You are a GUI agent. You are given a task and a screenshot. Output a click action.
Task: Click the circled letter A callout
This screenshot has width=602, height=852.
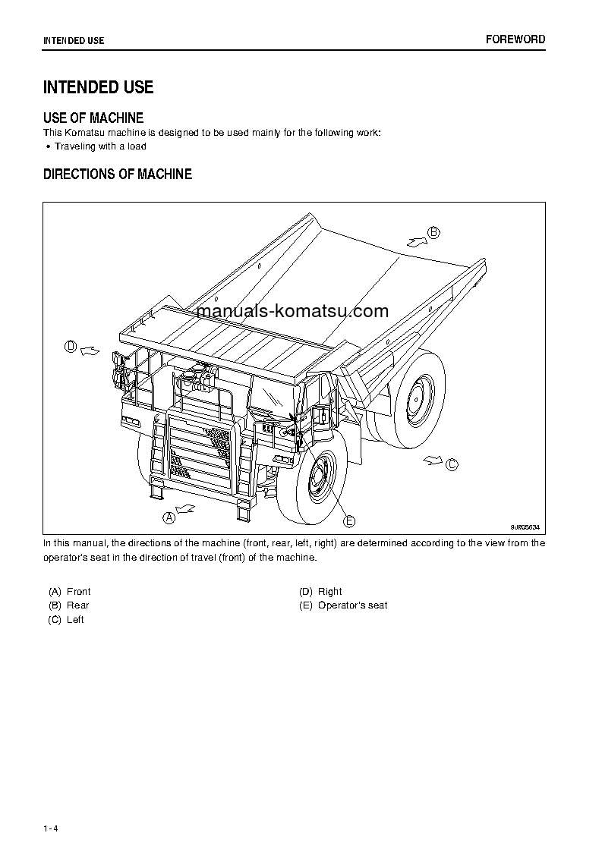pyautogui.click(x=169, y=517)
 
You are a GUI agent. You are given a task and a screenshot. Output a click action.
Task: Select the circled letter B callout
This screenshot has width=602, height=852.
pyautogui.click(x=433, y=233)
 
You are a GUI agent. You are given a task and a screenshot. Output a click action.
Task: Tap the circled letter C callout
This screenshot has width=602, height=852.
pyautogui.click(x=452, y=464)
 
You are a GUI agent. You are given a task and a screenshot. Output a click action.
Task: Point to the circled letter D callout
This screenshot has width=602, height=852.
pyautogui.click(x=71, y=347)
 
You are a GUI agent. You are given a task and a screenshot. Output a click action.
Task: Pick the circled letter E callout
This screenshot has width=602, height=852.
pyautogui.click(x=349, y=520)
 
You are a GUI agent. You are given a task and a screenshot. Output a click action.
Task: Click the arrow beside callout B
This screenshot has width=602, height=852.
pyautogui.click(x=416, y=241)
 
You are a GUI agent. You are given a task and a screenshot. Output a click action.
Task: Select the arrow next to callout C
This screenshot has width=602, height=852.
pyautogui.click(x=433, y=459)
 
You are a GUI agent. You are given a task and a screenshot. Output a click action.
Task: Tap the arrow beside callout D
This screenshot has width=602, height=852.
pyautogui.click(x=90, y=350)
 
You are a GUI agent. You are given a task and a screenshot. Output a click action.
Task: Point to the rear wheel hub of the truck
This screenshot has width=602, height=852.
pyautogui.click(x=417, y=397)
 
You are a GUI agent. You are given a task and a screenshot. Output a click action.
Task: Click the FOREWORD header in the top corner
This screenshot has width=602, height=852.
pyautogui.click(x=515, y=39)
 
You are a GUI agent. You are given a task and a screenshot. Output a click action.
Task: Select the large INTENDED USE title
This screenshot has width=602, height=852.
pyautogui.click(x=99, y=87)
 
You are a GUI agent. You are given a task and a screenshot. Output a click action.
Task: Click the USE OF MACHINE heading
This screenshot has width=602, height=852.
pyautogui.click(x=93, y=118)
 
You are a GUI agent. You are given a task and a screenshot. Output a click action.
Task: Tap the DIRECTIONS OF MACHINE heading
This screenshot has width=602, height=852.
pyautogui.click(x=118, y=174)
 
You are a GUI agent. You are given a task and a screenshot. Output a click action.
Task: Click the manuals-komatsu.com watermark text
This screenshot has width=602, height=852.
pyautogui.click(x=292, y=311)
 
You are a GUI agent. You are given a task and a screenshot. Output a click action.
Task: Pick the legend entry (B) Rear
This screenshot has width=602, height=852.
pyautogui.click(x=69, y=605)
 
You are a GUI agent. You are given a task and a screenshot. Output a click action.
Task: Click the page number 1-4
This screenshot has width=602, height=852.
pyautogui.click(x=51, y=828)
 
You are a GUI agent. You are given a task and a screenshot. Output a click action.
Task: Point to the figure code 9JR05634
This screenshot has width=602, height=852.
pyautogui.click(x=525, y=527)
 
